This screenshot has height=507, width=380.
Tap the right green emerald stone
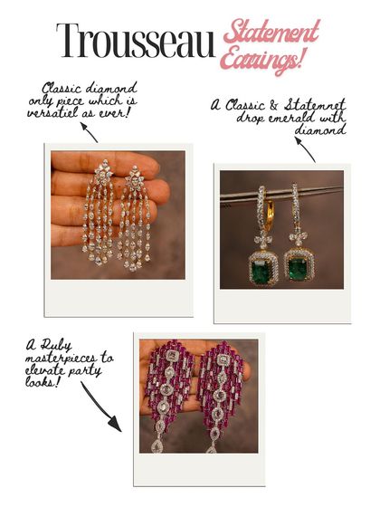pos(297,267)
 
